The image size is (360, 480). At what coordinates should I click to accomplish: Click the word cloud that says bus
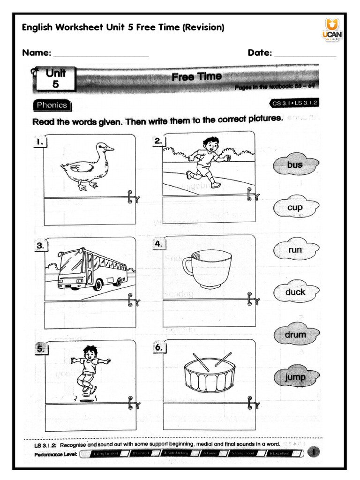click(x=295, y=165)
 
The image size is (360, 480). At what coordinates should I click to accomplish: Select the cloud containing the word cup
click(x=295, y=207)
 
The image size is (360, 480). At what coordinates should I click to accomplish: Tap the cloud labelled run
click(x=295, y=250)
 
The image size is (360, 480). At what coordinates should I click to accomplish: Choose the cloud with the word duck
click(x=295, y=292)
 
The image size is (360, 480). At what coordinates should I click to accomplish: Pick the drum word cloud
click(x=295, y=335)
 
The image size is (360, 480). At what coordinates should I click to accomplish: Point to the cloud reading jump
click(x=295, y=377)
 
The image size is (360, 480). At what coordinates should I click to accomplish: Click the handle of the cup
click(x=188, y=267)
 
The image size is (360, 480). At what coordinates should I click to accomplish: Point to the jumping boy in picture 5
click(x=89, y=368)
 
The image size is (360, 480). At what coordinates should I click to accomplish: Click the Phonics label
click(x=52, y=105)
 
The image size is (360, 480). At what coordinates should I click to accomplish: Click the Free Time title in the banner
click(x=196, y=76)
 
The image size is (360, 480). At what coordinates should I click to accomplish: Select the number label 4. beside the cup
click(x=158, y=244)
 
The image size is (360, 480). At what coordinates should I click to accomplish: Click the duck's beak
click(x=110, y=149)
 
